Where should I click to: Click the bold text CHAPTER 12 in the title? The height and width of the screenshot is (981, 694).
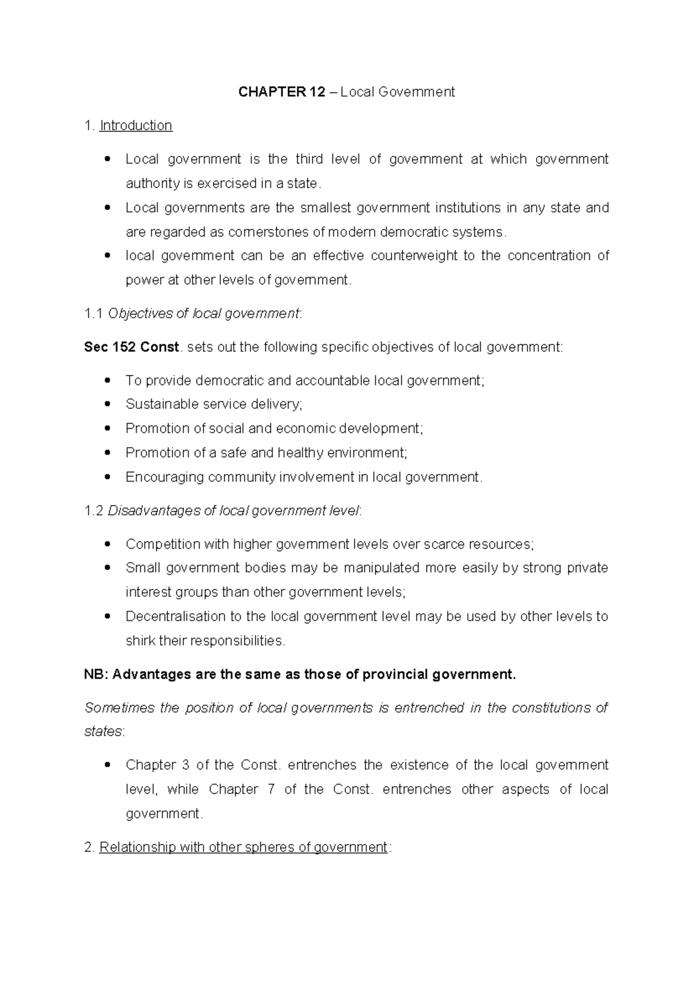282,92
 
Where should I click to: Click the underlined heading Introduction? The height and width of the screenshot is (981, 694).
136,126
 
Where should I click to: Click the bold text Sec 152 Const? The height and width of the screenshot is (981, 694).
132,347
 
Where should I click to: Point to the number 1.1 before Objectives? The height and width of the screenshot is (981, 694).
93,314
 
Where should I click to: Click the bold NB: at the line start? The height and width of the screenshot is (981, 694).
95,674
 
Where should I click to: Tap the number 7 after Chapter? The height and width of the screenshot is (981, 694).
271,790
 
